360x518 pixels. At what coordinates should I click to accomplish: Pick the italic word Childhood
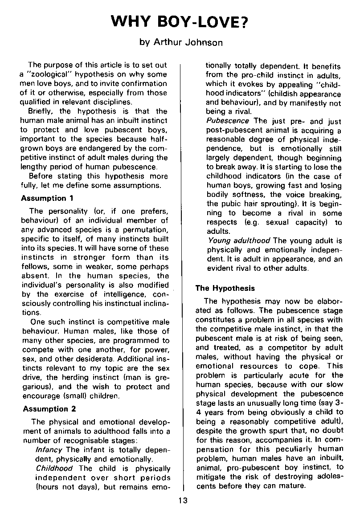(54, 468)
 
